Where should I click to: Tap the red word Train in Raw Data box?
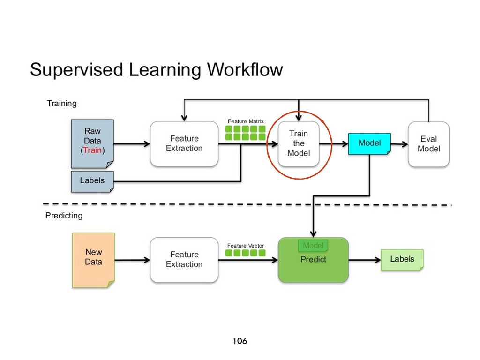(x=92, y=150)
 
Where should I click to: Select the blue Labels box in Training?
(x=92, y=181)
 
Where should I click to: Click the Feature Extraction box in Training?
(x=184, y=143)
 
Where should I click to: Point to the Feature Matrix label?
(x=246, y=121)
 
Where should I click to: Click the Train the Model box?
(x=299, y=143)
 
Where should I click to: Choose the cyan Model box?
(x=369, y=143)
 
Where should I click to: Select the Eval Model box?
(x=428, y=144)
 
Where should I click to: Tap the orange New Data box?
(x=93, y=260)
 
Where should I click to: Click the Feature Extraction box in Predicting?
(x=184, y=260)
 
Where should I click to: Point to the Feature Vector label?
(x=246, y=246)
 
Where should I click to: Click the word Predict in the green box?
(x=313, y=260)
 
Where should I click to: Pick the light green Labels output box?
(x=402, y=260)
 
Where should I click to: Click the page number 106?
(x=240, y=341)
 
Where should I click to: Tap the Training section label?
(x=61, y=104)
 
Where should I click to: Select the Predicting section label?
(x=64, y=216)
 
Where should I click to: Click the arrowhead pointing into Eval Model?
(x=405, y=144)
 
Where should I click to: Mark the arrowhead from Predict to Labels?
(x=378, y=260)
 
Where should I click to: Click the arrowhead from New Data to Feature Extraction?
(x=147, y=260)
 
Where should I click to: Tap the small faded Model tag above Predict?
(x=313, y=246)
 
